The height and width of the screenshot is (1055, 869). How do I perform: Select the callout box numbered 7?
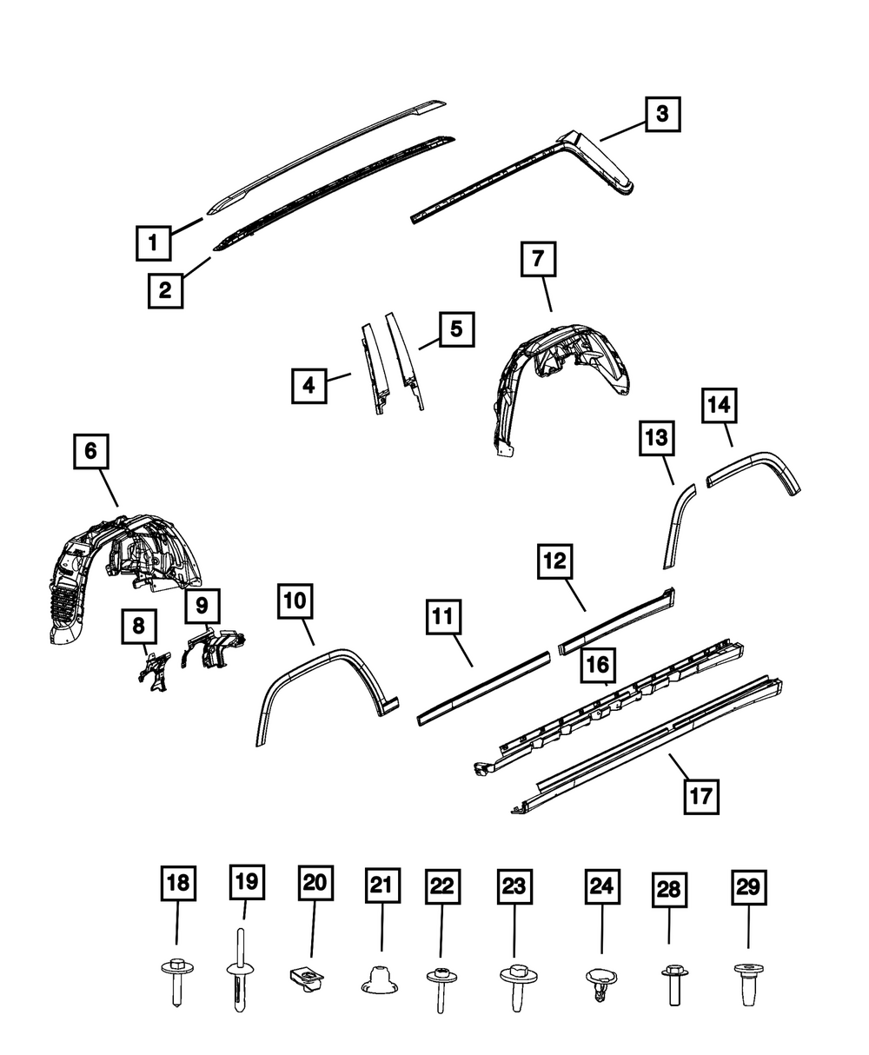538,259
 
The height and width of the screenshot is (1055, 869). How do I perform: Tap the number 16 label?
600,667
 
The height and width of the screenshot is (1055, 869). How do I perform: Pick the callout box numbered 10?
296,600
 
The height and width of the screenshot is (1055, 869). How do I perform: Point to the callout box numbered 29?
748,887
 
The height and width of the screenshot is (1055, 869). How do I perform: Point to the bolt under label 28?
672,984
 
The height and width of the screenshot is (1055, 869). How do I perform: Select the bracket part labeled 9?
215,650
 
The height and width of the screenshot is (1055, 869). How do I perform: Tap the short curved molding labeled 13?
677,526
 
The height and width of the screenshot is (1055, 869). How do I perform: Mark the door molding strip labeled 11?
483,687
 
